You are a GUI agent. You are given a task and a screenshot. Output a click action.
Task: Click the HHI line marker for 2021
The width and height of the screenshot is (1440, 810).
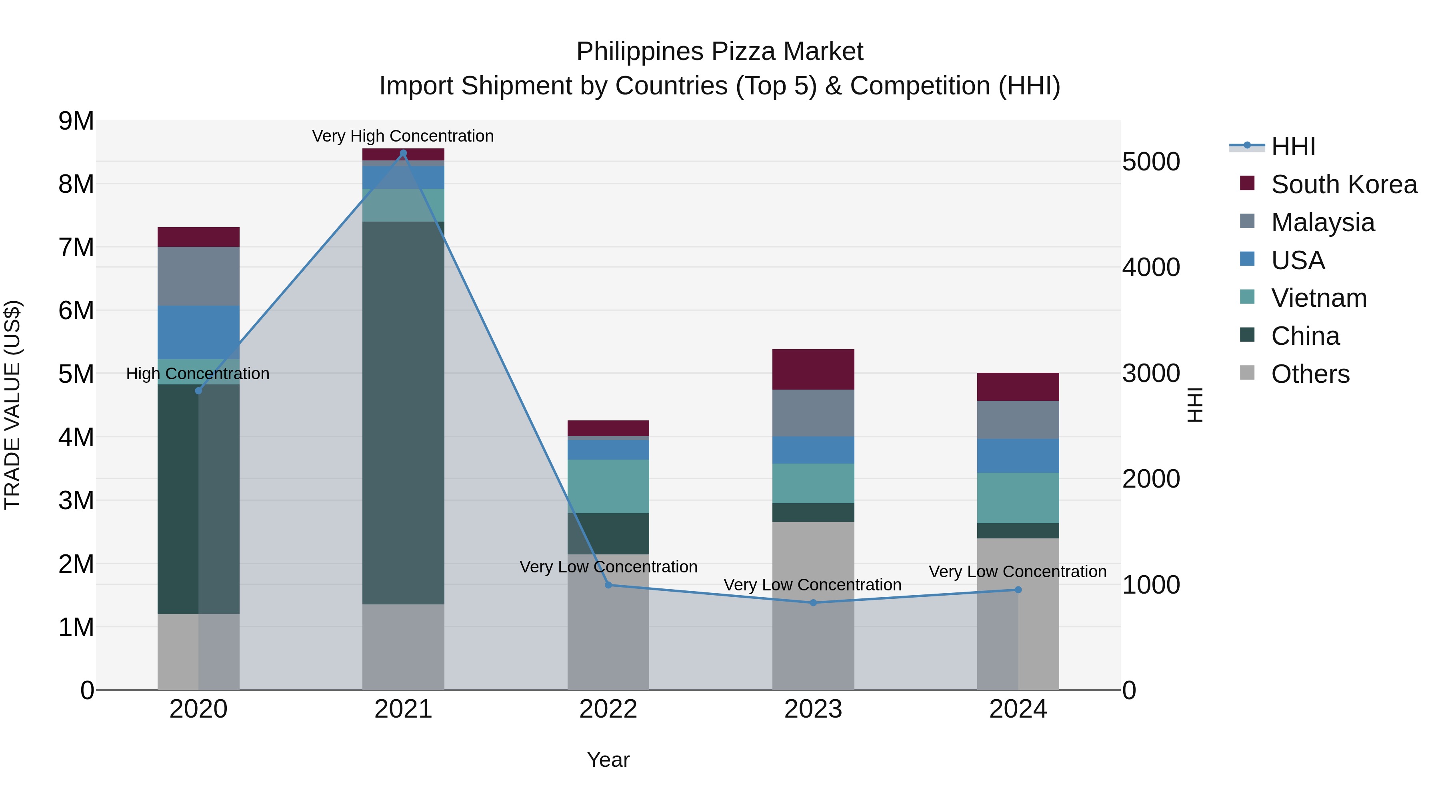[x=403, y=153]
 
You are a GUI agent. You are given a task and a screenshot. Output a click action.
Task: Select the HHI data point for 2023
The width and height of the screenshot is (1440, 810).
[x=813, y=603]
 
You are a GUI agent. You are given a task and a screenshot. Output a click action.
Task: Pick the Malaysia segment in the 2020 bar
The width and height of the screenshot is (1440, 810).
[x=198, y=276]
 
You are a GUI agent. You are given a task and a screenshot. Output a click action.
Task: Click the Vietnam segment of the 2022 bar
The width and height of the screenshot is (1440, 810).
[x=608, y=486]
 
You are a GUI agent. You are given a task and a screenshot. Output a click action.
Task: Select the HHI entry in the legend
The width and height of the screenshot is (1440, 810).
[x=1292, y=146]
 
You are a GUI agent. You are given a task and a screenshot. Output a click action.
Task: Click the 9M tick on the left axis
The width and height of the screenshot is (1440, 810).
[x=76, y=121]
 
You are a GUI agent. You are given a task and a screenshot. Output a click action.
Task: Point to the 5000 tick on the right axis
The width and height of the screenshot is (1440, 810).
[x=1150, y=162]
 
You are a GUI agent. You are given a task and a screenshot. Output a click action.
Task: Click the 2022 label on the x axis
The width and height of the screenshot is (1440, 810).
[x=608, y=709]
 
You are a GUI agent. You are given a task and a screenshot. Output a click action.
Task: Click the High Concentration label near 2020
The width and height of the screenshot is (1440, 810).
[x=198, y=374]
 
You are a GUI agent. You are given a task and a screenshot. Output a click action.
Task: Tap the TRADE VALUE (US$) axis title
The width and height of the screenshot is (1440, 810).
[x=12, y=405]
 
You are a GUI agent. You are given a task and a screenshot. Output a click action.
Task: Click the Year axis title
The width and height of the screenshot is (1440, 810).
[x=608, y=760]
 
